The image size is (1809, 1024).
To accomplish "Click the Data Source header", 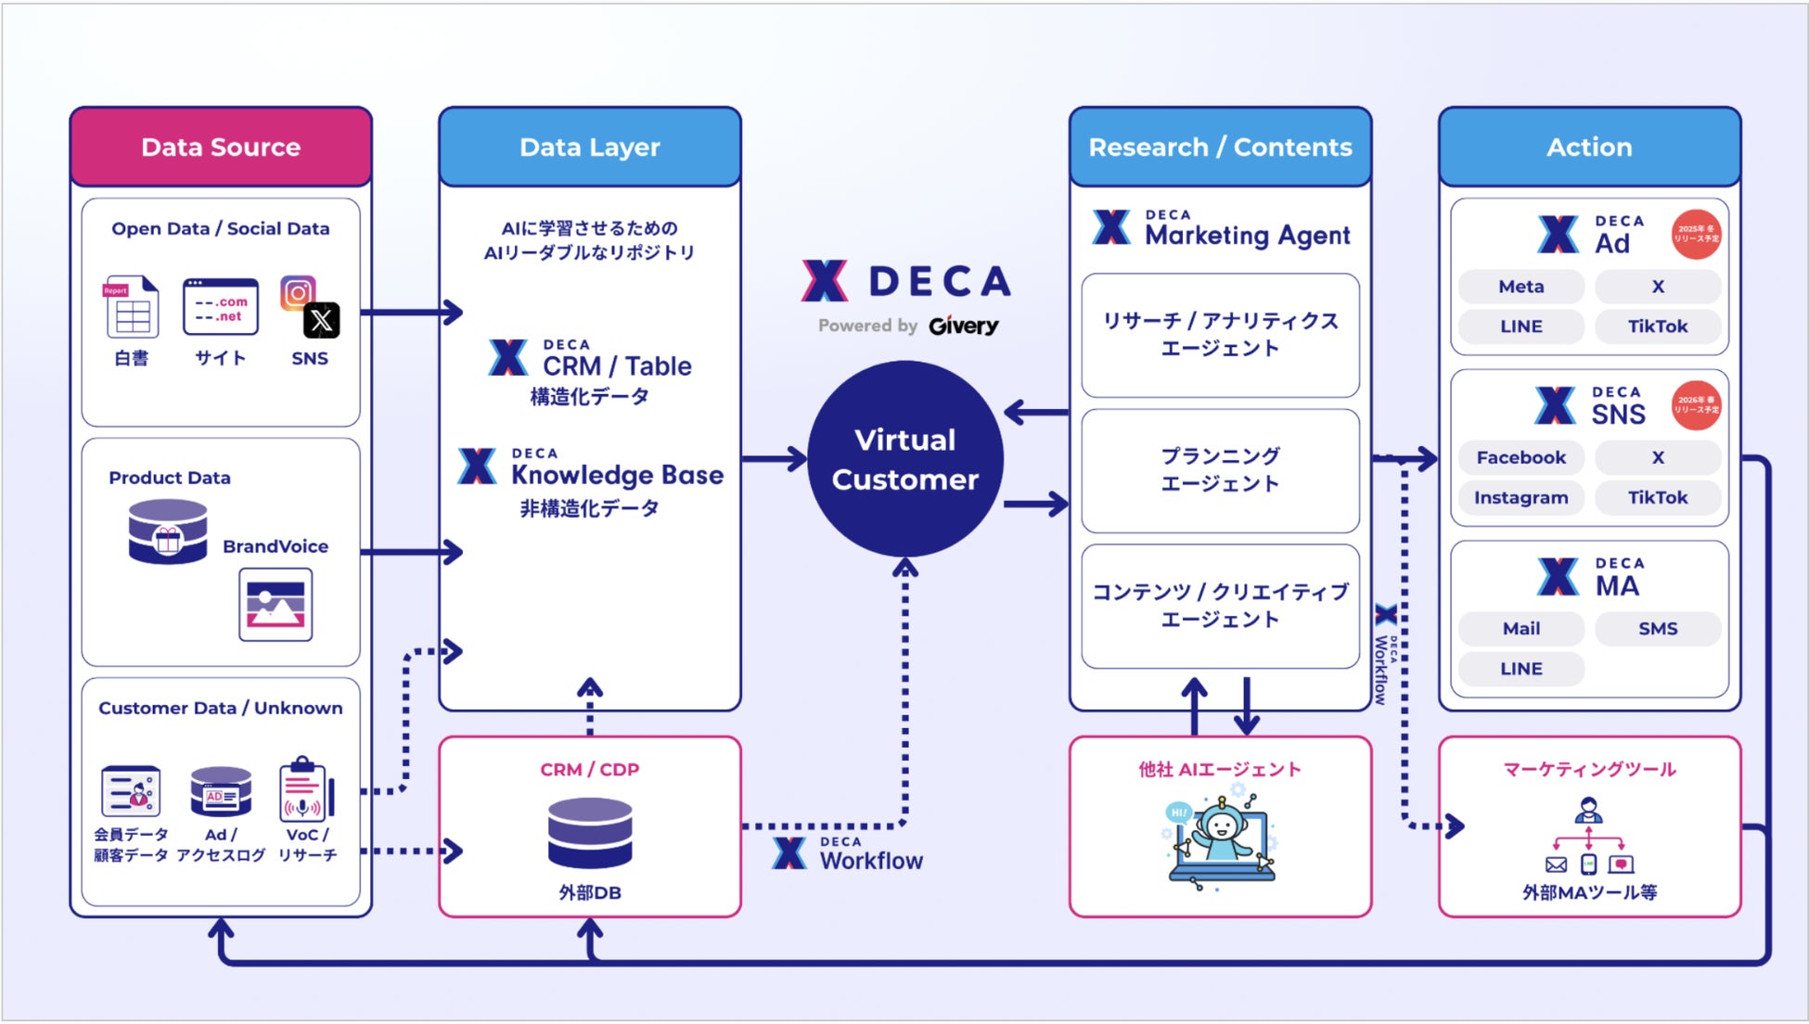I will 221,147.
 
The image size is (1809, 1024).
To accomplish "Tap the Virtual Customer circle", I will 904,459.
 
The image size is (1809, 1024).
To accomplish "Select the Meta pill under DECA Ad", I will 1520,287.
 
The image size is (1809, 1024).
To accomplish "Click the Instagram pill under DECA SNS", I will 1520,497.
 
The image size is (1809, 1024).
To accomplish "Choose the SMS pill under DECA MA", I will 1657,628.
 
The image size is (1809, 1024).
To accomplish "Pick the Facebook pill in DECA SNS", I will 1520,457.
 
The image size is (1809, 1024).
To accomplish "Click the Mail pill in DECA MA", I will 1520,628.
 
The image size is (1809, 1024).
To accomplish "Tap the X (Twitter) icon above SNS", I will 321,321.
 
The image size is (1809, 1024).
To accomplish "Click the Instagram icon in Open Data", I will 297,292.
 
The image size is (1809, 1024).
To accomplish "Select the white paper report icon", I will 131,307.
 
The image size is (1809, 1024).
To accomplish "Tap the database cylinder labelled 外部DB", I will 590,832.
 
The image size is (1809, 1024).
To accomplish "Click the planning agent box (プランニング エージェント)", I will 1220,470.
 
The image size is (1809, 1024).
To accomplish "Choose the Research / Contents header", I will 1220,147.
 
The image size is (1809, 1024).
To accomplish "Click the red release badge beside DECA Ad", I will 1696,234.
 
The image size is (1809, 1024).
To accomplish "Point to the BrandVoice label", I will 276,546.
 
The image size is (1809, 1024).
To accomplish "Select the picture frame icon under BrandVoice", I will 276,605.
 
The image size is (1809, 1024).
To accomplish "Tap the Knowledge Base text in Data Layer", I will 617,475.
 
